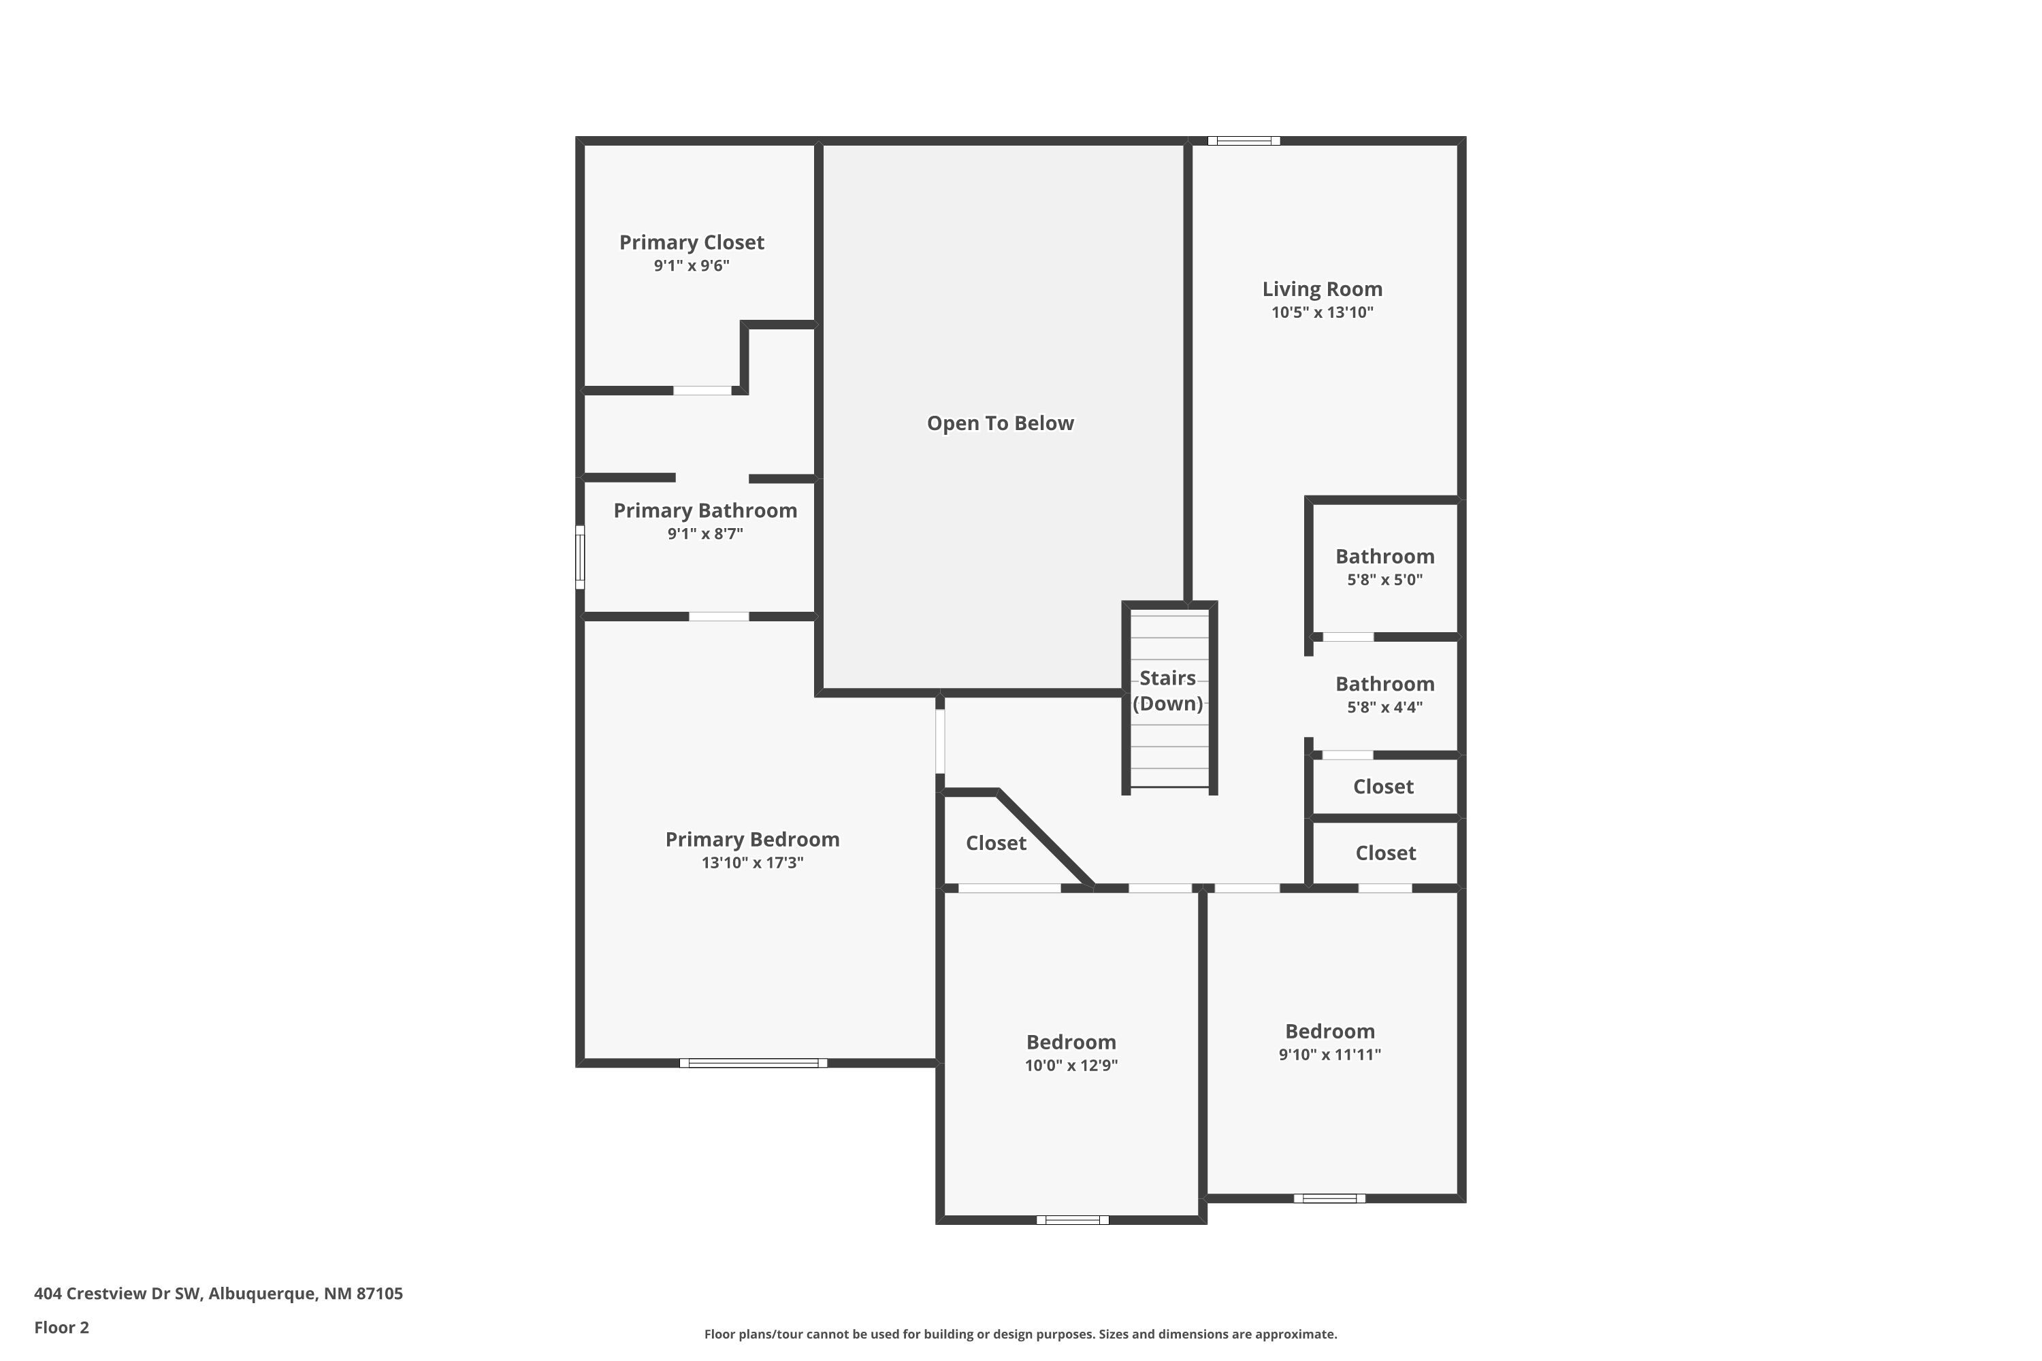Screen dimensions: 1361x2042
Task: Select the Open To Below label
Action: click(1000, 423)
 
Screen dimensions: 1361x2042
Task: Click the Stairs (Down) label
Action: click(1168, 691)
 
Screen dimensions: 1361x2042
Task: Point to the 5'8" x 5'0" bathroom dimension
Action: click(1384, 580)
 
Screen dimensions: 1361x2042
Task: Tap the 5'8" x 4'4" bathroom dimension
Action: click(1384, 708)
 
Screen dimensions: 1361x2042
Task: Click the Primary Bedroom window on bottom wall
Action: click(753, 1063)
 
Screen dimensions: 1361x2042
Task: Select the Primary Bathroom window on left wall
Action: click(580, 557)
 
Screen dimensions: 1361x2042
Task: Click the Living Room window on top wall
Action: click(1244, 141)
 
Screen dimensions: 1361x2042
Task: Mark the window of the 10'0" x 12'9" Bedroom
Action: click(1072, 1220)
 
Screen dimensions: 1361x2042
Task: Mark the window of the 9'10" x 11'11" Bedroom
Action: click(1329, 1198)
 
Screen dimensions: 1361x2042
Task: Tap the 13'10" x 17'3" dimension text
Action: click(752, 863)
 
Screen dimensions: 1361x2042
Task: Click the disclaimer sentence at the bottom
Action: click(1020, 1334)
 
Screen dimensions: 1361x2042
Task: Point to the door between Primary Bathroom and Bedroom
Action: click(719, 617)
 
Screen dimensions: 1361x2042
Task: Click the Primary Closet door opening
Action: click(702, 391)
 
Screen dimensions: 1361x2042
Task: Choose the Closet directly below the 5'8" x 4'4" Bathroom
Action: click(1383, 787)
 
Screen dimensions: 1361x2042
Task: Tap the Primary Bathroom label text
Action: click(705, 510)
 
